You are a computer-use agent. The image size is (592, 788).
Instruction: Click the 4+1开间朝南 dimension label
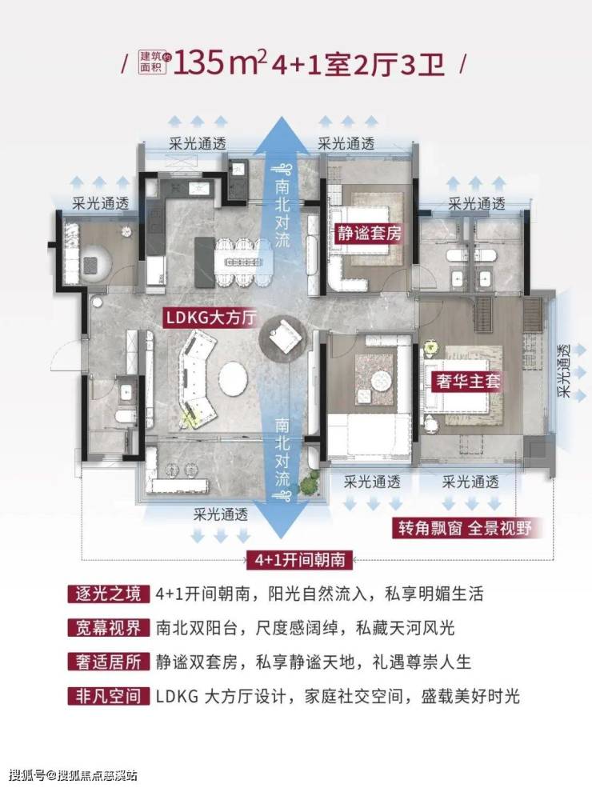click(x=297, y=558)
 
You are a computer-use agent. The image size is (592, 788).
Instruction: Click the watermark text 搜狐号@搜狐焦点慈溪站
click(x=73, y=774)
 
